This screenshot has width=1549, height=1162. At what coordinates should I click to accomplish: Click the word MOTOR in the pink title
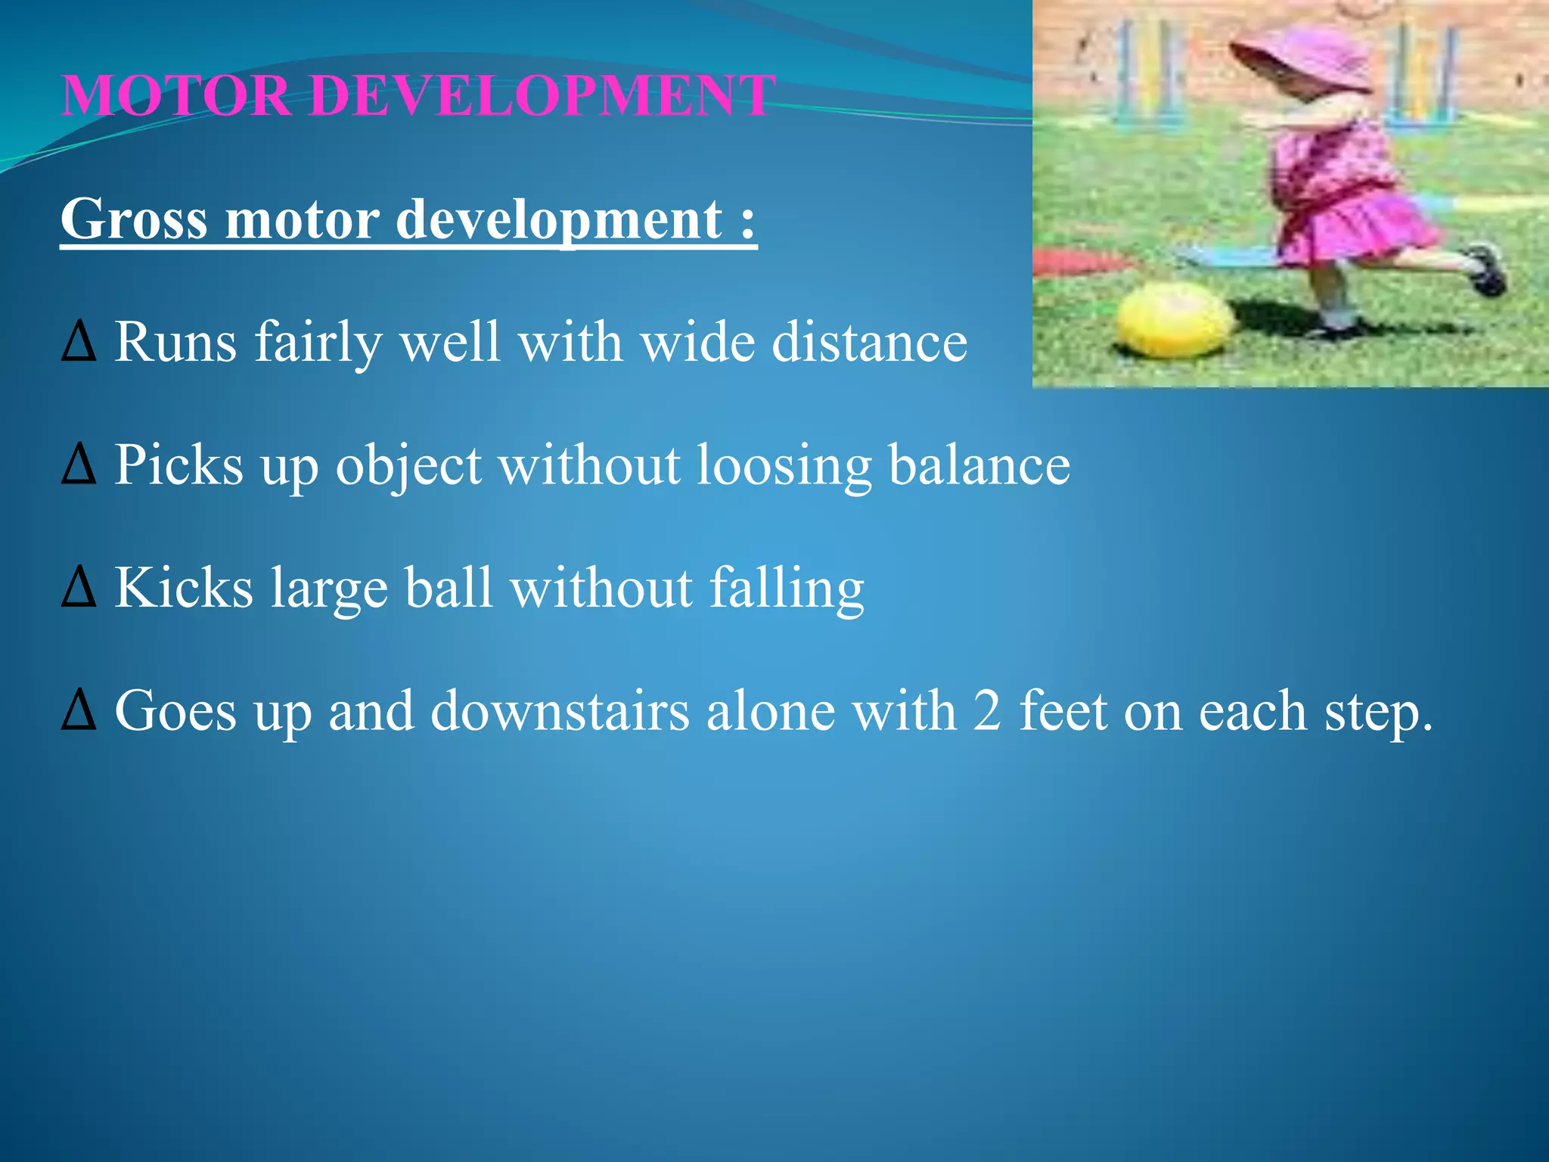click(175, 95)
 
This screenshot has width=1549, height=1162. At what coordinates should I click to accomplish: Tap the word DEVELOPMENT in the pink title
click(542, 95)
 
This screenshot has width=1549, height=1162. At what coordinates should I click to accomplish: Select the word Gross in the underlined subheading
click(133, 219)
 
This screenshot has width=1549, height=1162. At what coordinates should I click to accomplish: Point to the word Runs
click(175, 343)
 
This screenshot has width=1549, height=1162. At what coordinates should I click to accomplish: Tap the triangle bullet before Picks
click(79, 464)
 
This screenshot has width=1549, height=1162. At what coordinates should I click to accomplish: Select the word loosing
click(784, 466)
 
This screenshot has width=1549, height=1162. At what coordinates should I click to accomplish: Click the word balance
click(979, 464)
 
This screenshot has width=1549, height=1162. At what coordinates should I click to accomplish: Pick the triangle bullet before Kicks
click(79, 588)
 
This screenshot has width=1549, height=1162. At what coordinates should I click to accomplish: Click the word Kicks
click(184, 588)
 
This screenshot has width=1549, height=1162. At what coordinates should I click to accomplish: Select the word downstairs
click(560, 711)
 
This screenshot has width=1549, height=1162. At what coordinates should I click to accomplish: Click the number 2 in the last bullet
click(987, 711)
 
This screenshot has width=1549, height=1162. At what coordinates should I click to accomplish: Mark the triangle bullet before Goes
click(79, 711)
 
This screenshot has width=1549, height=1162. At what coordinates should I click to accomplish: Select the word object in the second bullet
click(408, 466)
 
